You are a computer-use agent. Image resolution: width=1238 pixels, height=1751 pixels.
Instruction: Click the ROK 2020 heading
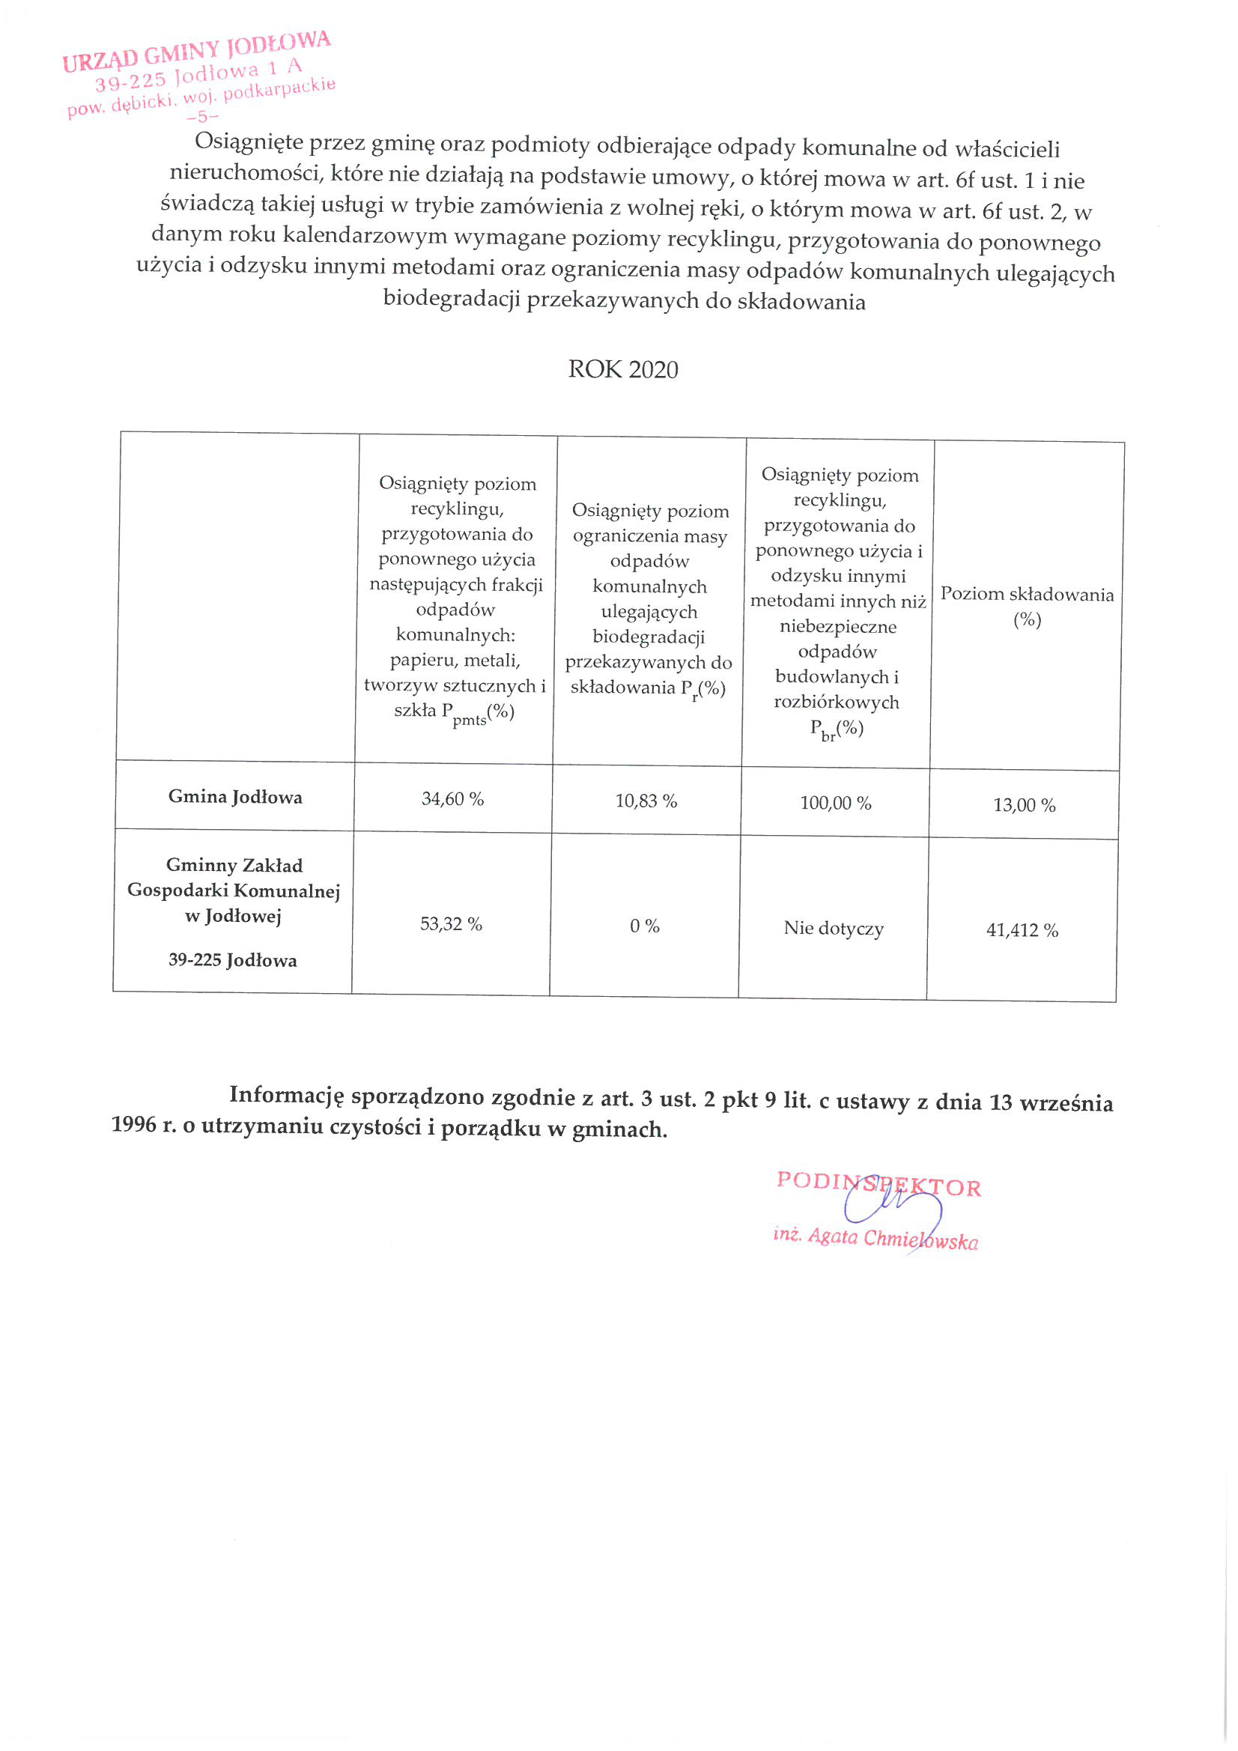tap(622, 369)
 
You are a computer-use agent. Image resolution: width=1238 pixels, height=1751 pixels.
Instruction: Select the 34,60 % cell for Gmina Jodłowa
tap(452, 798)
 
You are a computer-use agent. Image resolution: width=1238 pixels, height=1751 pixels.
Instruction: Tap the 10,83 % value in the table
tap(646, 801)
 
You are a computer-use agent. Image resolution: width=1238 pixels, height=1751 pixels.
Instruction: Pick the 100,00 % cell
tap(835, 802)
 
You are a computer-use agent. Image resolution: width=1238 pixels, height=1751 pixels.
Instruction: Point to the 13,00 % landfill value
tap(1024, 804)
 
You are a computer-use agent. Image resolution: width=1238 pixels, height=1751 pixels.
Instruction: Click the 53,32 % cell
tap(451, 923)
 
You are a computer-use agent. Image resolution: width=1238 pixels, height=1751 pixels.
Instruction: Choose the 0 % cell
tap(645, 926)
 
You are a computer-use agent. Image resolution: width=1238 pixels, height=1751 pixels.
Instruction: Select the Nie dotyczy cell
tap(833, 928)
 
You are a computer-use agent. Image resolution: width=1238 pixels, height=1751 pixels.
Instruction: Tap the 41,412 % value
tap(1022, 929)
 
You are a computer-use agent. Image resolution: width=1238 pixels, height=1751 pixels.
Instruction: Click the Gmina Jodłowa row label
tap(235, 796)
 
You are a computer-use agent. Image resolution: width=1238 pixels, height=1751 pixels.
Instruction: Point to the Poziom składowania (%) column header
tap(1027, 606)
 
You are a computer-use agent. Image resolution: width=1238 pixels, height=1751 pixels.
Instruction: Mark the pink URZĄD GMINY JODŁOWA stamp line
tap(197, 51)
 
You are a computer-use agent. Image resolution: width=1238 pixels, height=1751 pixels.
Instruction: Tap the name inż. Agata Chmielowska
tap(875, 1237)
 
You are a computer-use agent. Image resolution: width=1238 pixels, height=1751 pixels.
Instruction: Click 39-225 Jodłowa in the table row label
tap(233, 959)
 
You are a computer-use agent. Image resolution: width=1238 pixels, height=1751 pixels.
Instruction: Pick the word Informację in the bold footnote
tap(287, 1095)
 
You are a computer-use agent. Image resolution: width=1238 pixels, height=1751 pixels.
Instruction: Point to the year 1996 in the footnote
tap(133, 1124)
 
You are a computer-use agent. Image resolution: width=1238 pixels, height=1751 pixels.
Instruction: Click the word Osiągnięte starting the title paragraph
tap(249, 142)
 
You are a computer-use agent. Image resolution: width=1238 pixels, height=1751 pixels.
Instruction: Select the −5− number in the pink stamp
tap(202, 117)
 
